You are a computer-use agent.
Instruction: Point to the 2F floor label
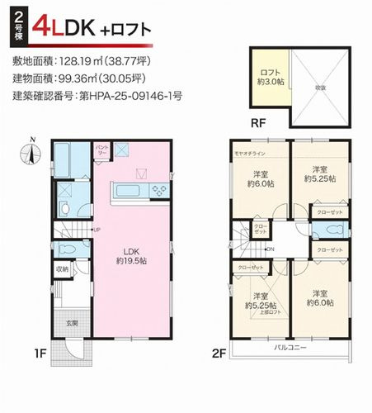[219, 354]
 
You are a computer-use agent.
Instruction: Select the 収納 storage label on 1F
[63, 268]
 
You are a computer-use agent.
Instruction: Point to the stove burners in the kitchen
[158, 190]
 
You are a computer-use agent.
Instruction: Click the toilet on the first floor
[68, 247]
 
